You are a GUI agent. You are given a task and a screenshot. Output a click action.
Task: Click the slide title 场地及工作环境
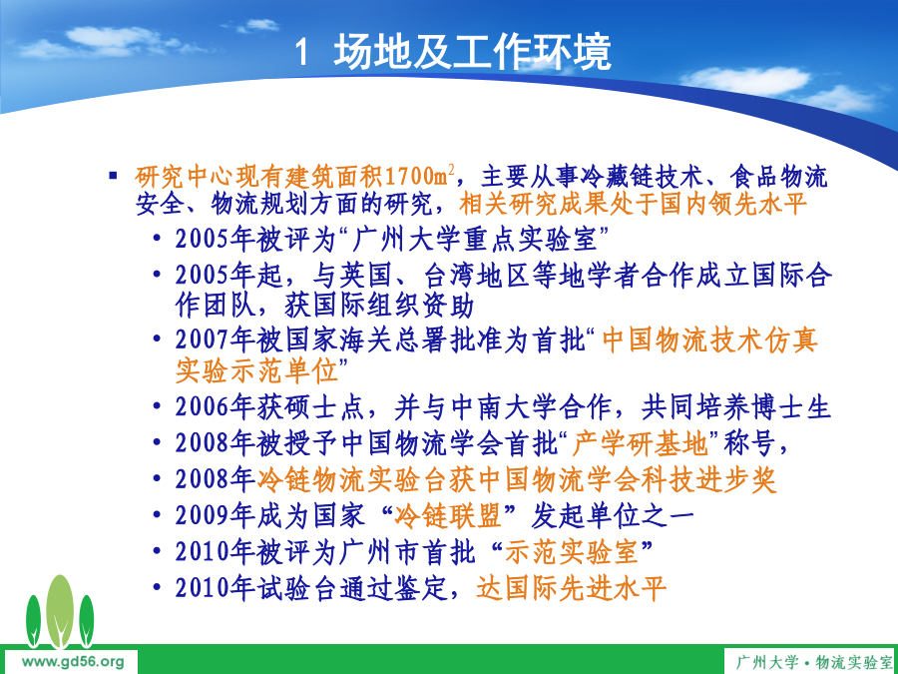[x=473, y=52]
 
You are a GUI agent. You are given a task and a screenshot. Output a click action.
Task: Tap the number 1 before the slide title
[x=302, y=53]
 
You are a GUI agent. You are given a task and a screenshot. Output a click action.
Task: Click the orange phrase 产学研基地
[x=641, y=443]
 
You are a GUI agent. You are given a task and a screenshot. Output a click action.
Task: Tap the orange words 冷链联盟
[x=448, y=516]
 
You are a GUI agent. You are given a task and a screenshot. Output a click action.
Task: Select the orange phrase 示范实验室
[x=572, y=552]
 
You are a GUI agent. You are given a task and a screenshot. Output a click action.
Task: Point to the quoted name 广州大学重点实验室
[x=476, y=239]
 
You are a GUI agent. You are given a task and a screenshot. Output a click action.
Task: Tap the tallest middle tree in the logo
[x=60, y=611]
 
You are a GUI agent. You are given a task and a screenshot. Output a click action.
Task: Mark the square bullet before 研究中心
[x=113, y=175]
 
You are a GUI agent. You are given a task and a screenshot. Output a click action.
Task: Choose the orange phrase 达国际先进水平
[x=571, y=588]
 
